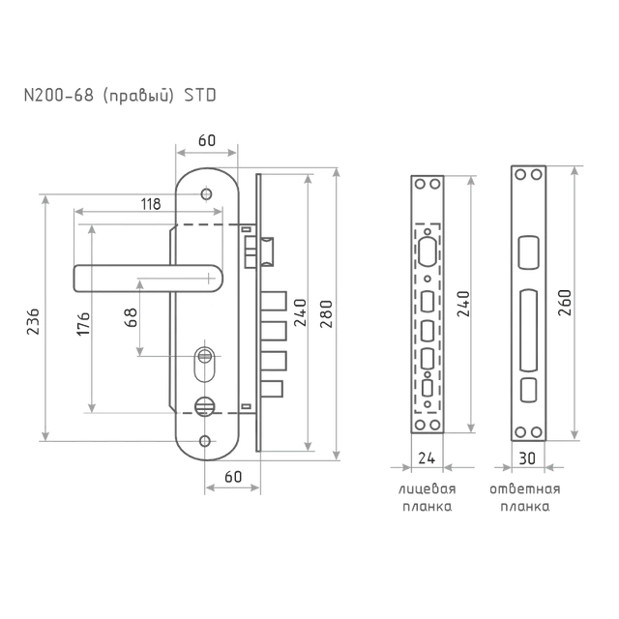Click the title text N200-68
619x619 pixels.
[x=59, y=95]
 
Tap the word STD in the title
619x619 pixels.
[x=200, y=95]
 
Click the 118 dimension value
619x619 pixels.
[x=151, y=204]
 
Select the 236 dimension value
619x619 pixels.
[x=33, y=322]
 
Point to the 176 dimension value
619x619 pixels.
[x=83, y=324]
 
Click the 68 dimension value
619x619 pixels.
[x=131, y=317]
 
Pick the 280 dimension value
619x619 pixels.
[x=327, y=313]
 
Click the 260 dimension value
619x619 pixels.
[x=565, y=303]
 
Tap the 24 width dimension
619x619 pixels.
[x=427, y=458]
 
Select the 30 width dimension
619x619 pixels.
[x=527, y=458]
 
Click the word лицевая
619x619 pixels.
[x=427, y=489]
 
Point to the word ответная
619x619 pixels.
[x=525, y=489]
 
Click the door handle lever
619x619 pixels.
[x=148, y=279]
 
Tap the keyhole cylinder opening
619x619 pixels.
[x=204, y=364]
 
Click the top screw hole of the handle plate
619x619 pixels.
[x=206, y=194]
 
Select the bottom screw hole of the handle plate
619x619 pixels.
[x=205, y=441]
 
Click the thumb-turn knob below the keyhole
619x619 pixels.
[x=205, y=406]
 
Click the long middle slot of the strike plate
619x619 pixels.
[x=528, y=331]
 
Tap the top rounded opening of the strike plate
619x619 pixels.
[x=528, y=252]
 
